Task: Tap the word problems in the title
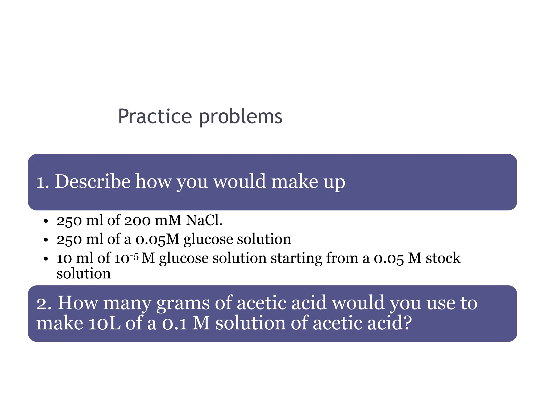241,117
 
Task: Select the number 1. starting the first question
43,182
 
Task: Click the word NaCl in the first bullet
204,220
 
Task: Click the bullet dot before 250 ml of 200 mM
46,221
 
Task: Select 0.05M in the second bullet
158,239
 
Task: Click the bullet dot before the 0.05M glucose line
46,240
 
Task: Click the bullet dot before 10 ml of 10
46,259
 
